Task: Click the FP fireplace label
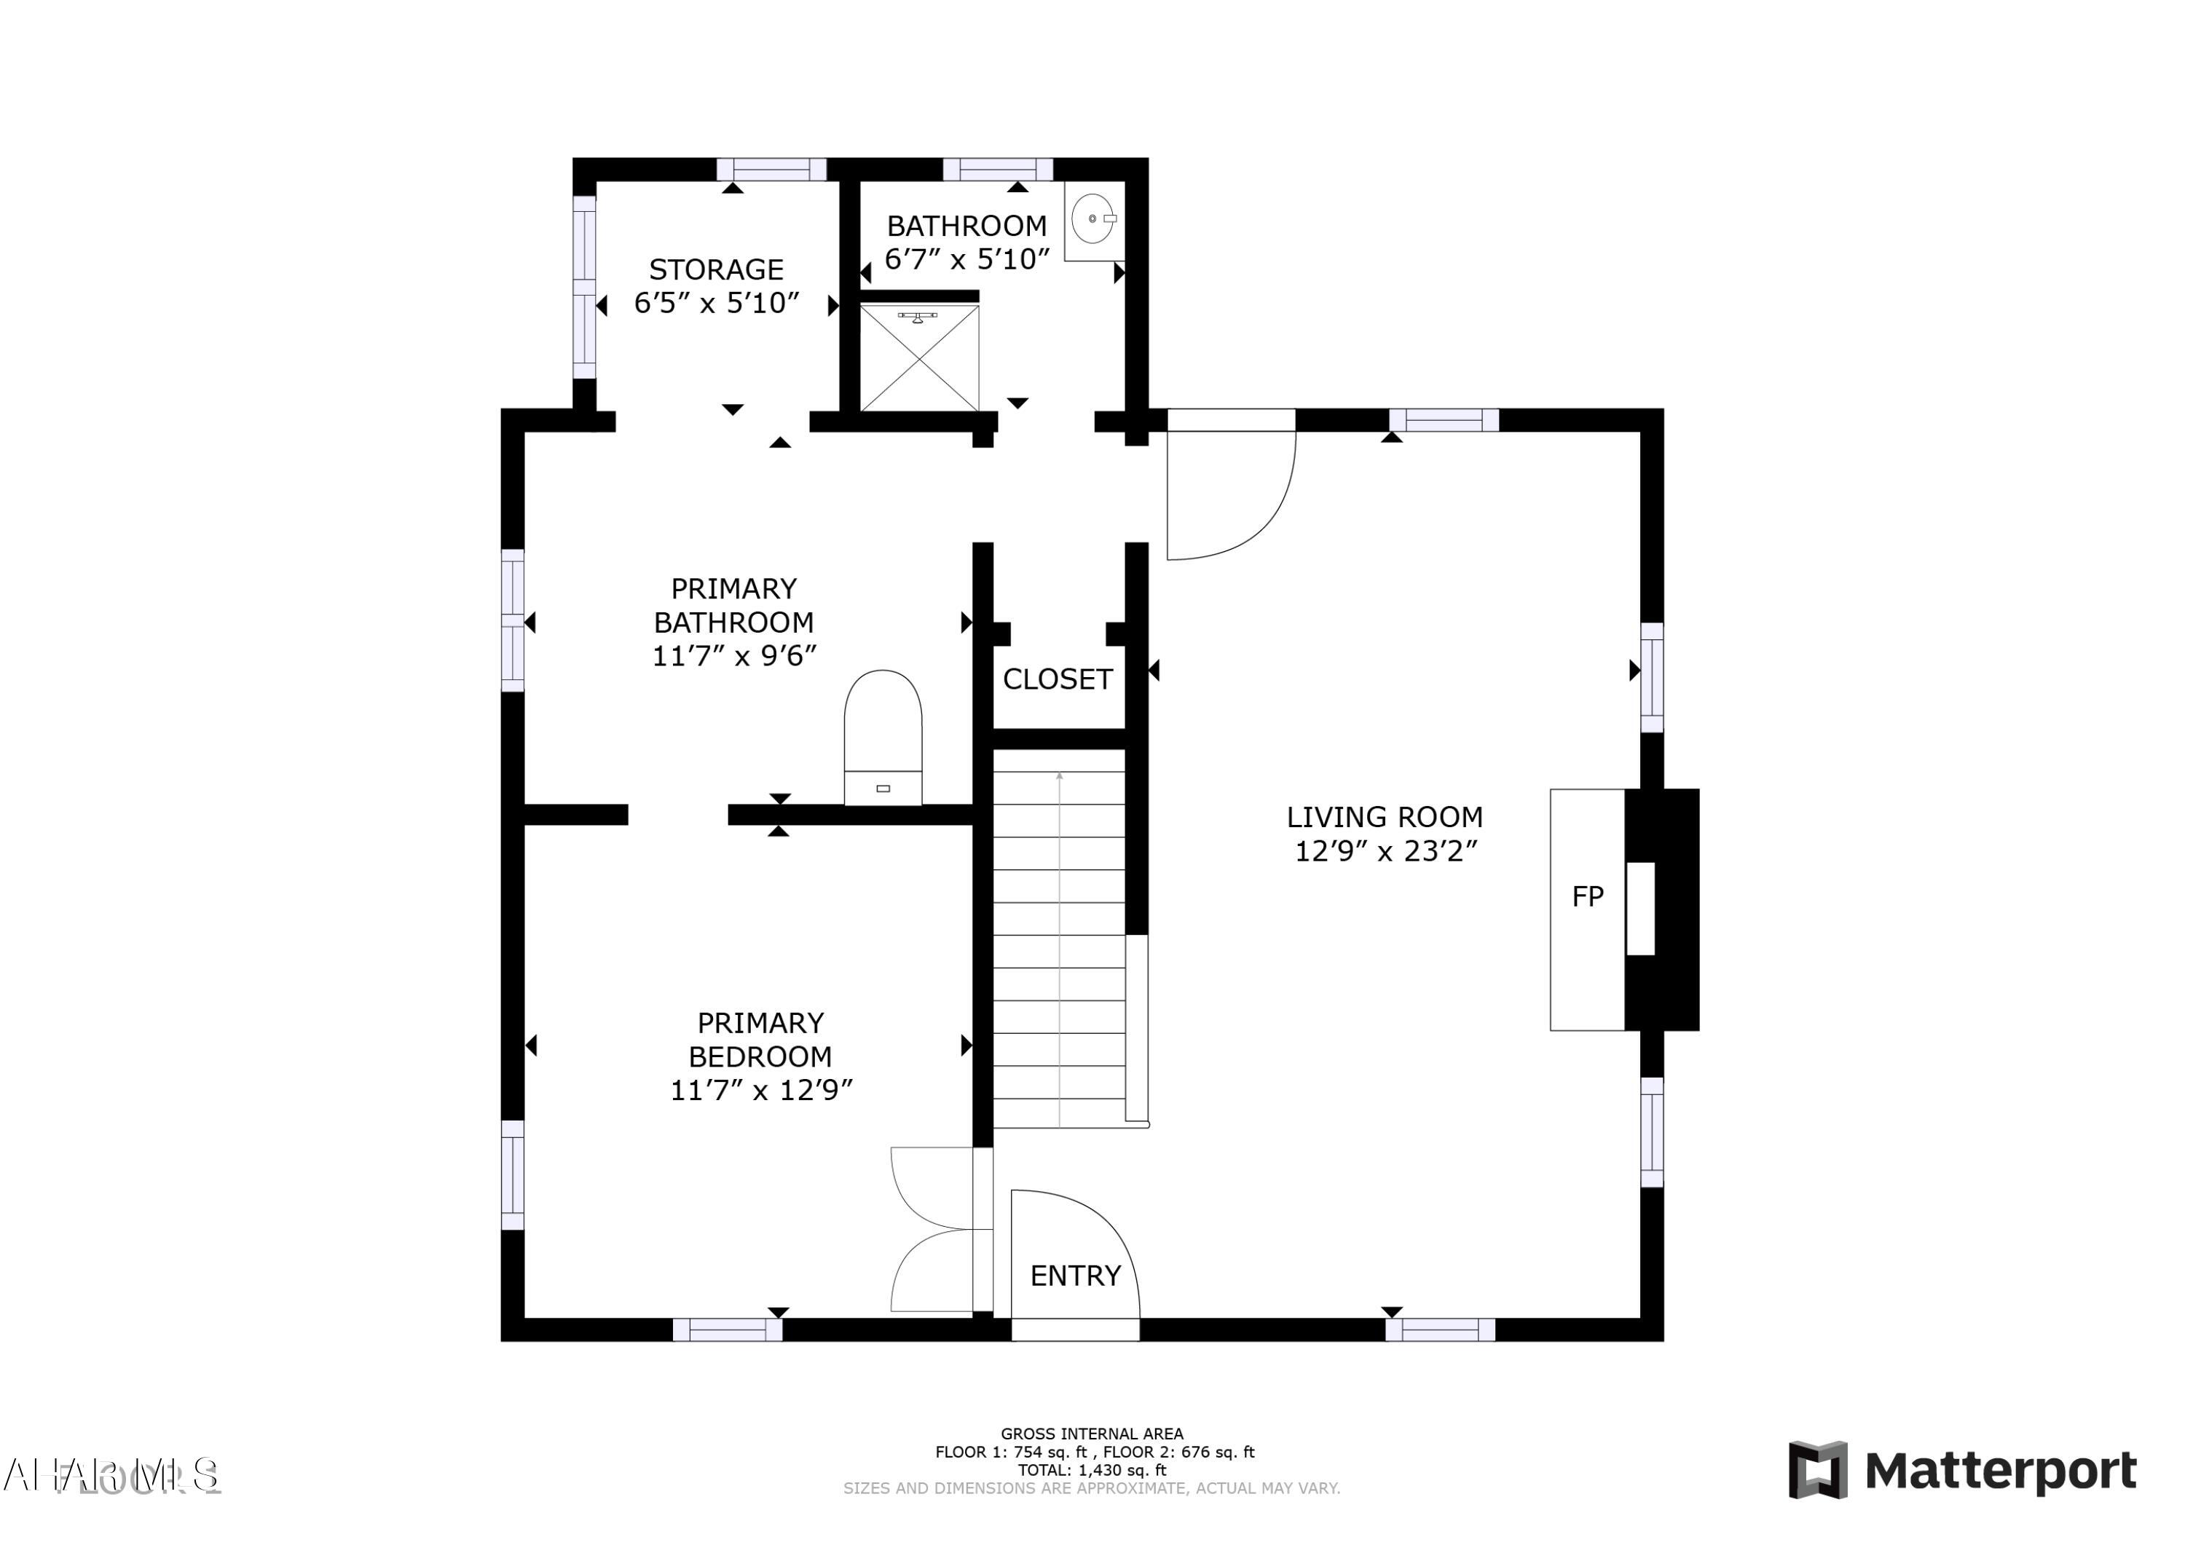tap(1586, 896)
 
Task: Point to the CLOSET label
tap(1058, 679)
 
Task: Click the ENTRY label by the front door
tap(1075, 1276)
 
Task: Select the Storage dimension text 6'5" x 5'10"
tap(716, 304)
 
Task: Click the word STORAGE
tap(716, 269)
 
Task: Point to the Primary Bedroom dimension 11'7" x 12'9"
tap(760, 1090)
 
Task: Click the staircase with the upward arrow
tap(1059, 937)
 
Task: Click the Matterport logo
tap(1961, 1471)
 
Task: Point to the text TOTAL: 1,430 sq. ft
tap(1092, 1470)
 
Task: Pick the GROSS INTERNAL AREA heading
tap(1092, 1434)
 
